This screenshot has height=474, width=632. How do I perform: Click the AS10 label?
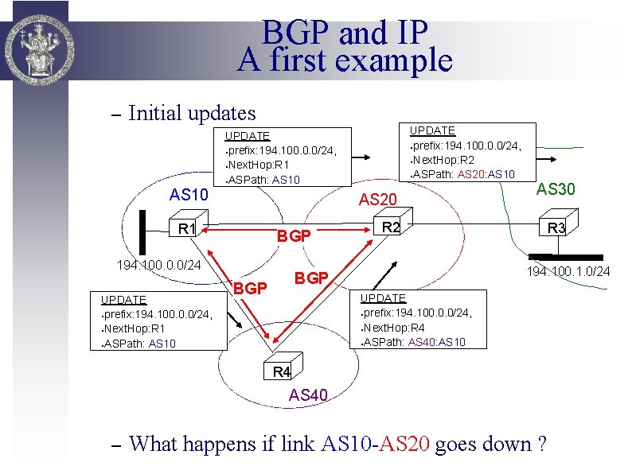pos(189,196)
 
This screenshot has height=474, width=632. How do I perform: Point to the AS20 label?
pos(378,199)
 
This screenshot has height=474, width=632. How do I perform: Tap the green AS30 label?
pos(556,189)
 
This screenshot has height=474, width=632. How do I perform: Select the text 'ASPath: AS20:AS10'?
pos(463,174)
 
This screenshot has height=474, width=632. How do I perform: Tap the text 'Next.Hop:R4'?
pos(395,327)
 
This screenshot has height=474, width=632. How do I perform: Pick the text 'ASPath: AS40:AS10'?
pos(413,342)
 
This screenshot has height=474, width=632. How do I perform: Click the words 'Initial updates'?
pos(192,114)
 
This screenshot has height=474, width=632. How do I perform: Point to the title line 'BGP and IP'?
pos(345,33)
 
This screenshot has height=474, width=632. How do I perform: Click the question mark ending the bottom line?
pos(542,444)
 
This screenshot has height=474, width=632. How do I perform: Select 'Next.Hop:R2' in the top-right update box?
pos(443,159)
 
